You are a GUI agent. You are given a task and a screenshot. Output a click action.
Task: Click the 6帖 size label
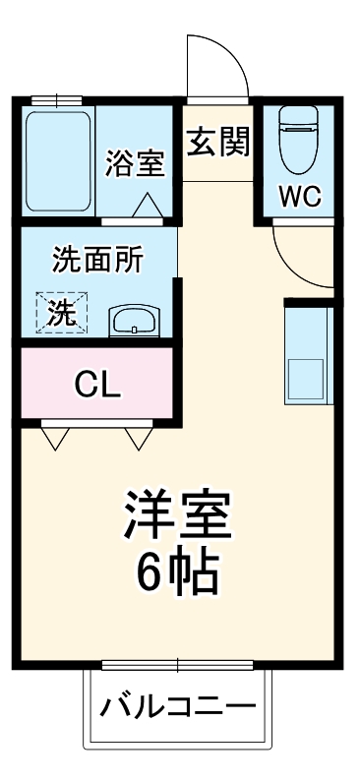(x=178, y=573)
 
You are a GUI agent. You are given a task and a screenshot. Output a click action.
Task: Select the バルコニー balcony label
(x=178, y=706)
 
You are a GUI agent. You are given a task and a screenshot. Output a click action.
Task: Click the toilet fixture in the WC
(x=298, y=139)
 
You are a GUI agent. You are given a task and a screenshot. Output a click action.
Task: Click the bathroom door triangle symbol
(x=150, y=206)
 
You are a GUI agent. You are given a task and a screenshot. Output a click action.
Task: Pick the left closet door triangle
(x=54, y=436)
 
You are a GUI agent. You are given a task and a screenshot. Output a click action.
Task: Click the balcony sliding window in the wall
(x=178, y=665)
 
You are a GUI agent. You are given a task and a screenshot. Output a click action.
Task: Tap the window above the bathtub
(x=57, y=100)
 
